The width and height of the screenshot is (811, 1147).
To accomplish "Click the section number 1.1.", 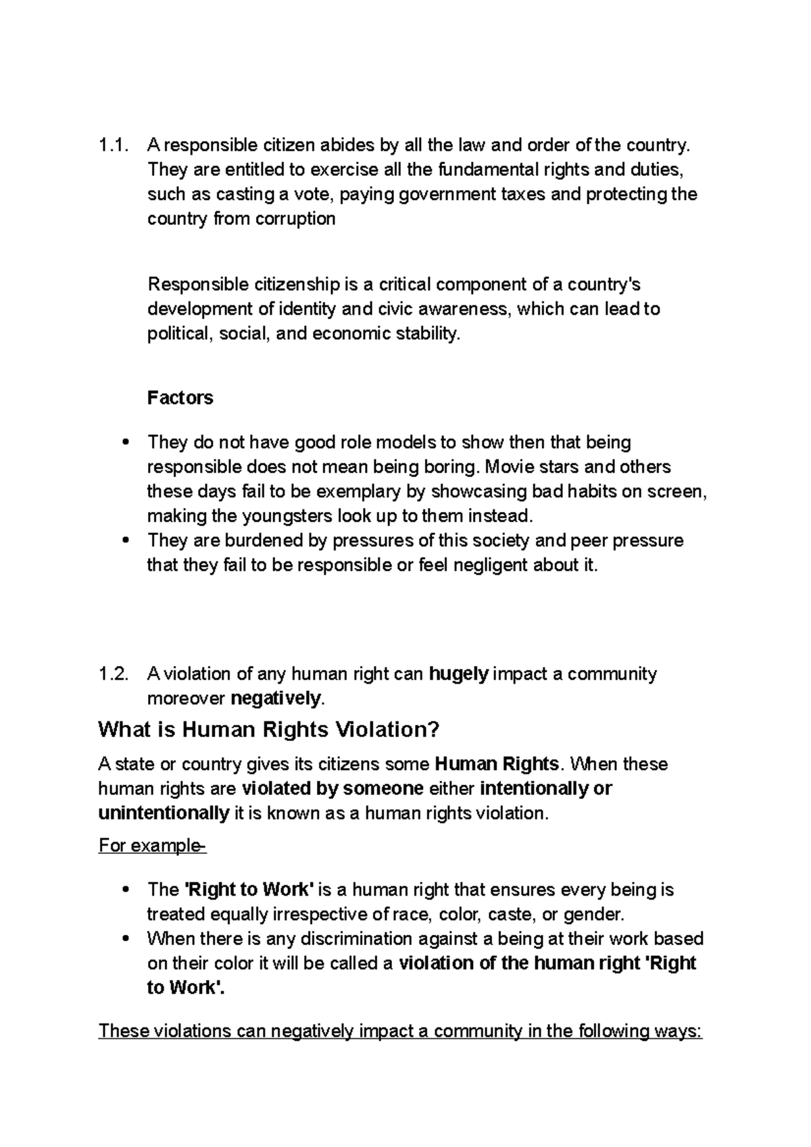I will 111,145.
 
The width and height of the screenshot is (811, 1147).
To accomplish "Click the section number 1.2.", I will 112,673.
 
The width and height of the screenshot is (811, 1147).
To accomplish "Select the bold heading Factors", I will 180,397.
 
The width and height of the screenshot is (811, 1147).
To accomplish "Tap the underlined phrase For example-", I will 152,846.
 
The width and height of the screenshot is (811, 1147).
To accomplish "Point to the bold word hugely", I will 459,673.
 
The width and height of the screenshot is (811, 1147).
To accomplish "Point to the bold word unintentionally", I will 164,813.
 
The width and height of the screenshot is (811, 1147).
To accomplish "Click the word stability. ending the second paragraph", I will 426,334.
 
